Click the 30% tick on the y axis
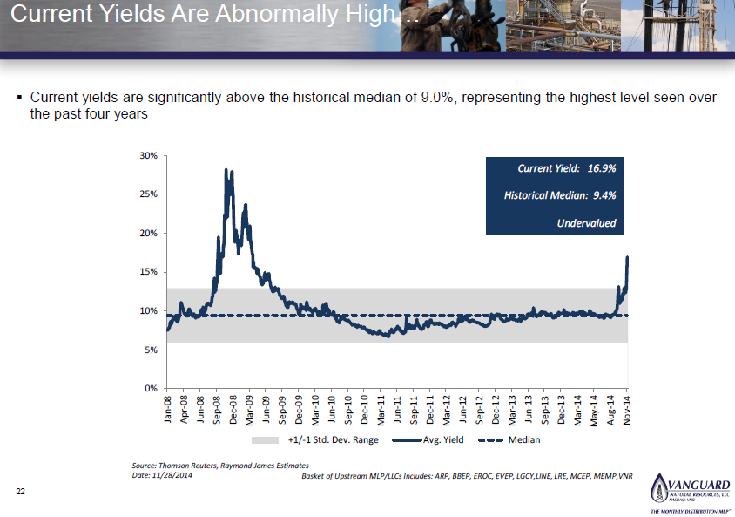(148, 155)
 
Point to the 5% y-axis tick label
(151, 350)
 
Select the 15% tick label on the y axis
(148, 272)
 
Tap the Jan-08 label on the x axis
(168, 409)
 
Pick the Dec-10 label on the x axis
(365, 409)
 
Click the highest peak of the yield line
(226, 170)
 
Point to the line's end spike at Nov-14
(627, 258)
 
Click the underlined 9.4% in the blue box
(603, 195)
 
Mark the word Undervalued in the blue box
(586, 223)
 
